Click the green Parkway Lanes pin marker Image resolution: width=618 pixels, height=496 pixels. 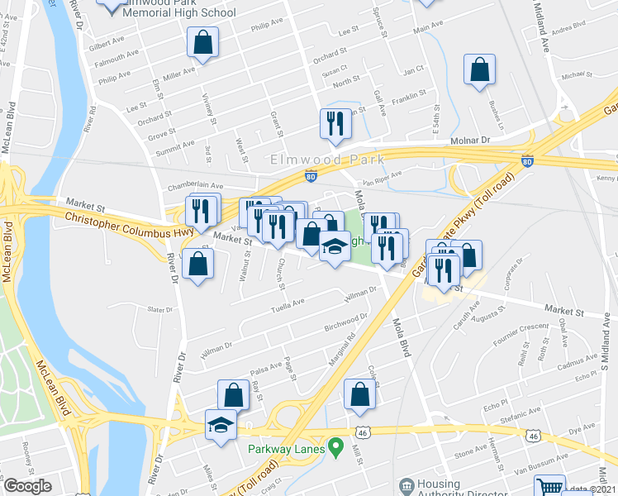(x=335, y=448)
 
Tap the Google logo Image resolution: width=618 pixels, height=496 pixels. (x=27, y=486)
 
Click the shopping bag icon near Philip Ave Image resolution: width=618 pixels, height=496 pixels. (x=202, y=44)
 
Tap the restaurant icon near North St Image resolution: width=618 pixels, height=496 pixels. (x=335, y=124)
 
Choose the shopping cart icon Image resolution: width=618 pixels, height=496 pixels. (x=549, y=486)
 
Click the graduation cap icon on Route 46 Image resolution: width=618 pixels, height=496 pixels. (x=221, y=426)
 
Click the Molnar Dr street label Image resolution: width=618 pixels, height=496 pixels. (x=470, y=141)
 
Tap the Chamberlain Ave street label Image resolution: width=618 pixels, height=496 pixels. (x=196, y=186)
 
